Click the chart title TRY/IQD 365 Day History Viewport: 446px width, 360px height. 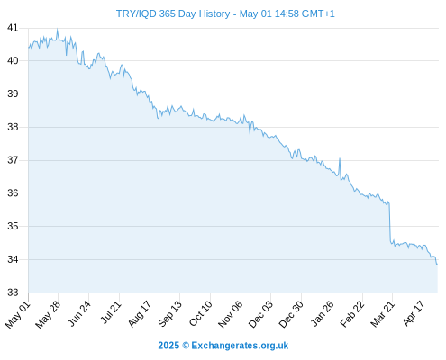coord(173,13)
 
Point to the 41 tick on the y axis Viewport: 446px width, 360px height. coord(13,28)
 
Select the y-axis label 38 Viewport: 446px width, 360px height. coord(13,127)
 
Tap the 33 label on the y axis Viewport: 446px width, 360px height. coord(13,292)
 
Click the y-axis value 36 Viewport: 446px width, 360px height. coord(13,193)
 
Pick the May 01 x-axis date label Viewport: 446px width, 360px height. coord(17,315)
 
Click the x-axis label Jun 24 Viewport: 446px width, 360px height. coord(79,313)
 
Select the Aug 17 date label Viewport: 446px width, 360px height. coord(140,314)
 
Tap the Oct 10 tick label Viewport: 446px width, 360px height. coord(200,313)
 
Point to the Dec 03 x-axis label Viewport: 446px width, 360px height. coord(260,314)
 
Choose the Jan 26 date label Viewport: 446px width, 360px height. coord(322,314)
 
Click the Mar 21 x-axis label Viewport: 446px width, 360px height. coord(382,314)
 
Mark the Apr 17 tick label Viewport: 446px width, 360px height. coord(414,313)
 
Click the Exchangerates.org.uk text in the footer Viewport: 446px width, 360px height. coord(240,346)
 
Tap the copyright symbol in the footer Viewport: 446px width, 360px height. coord(186,346)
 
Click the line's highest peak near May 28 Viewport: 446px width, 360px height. coord(57,29)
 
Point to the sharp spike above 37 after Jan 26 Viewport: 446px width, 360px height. coord(340,158)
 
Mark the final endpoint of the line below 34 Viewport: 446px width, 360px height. coord(437,264)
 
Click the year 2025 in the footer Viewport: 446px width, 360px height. coord(168,346)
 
